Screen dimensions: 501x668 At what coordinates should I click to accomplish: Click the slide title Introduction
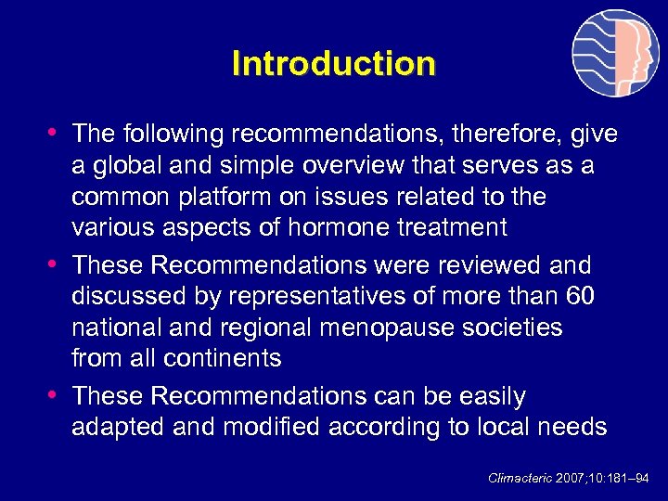333,64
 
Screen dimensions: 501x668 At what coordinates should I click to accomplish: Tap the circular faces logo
615,54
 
